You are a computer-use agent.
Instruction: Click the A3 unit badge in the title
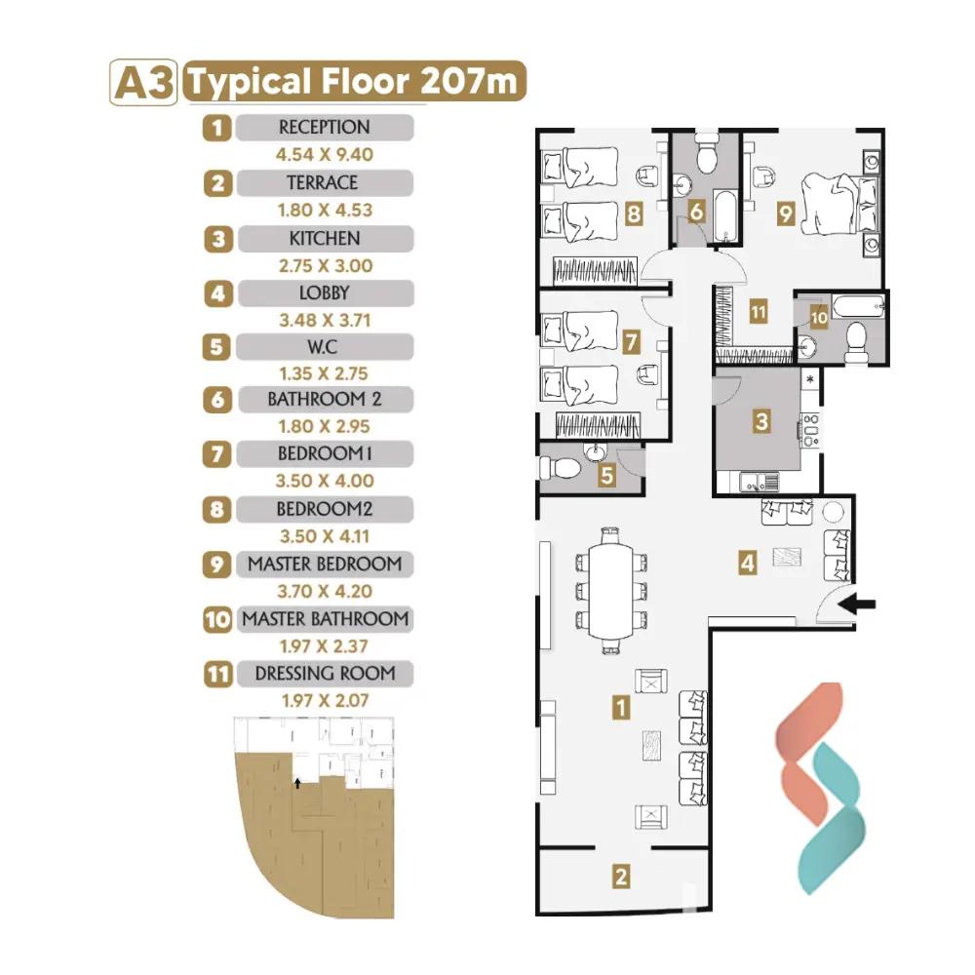coord(143,82)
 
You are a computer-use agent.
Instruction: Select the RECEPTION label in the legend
coord(325,128)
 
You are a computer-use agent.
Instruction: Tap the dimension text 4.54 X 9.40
coord(325,155)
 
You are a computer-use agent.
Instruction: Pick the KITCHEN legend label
coord(325,238)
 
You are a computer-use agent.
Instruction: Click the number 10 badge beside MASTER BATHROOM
coord(217,619)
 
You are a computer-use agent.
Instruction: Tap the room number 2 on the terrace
coord(621,877)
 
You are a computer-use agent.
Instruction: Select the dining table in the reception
coord(610,591)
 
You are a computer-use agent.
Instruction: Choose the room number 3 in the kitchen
coord(761,421)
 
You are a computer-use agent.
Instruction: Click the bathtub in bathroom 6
coord(725,216)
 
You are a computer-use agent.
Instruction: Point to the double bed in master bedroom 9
coord(840,204)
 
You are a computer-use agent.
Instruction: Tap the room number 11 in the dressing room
coord(758,311)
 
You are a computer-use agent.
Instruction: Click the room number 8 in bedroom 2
coord(634,214)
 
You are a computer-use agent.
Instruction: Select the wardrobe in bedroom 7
coord(598,425)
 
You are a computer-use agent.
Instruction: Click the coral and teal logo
coord(820,788)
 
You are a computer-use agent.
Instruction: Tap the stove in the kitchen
coord(810,430)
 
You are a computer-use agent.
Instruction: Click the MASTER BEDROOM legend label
coord(325,564)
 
